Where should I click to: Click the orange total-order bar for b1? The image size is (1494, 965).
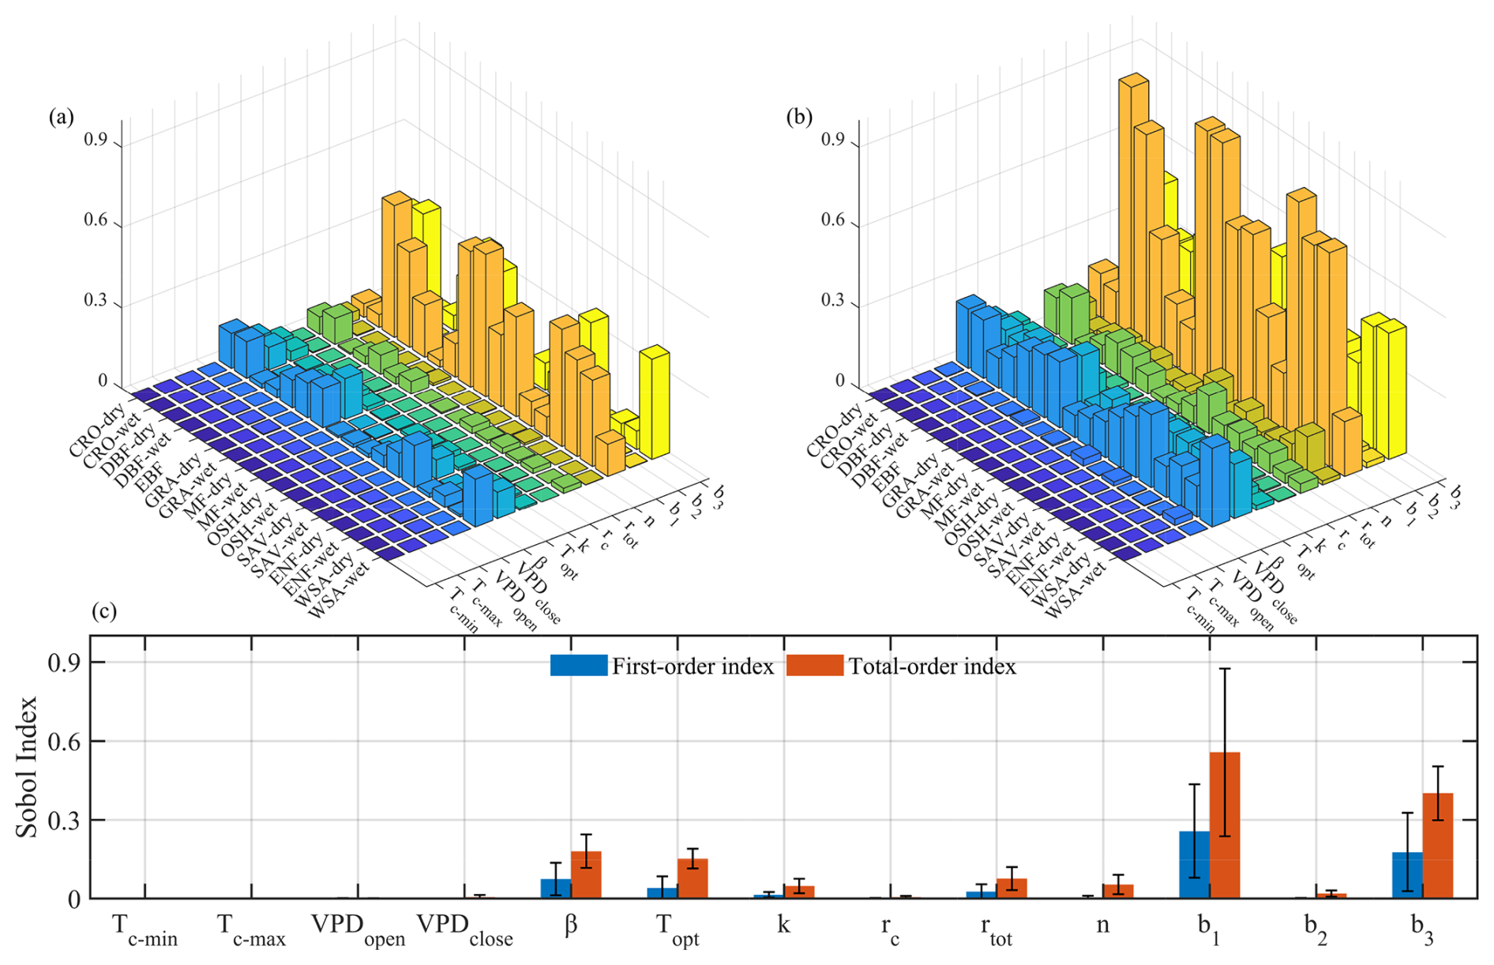pos(1224,825)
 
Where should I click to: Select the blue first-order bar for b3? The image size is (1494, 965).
pos(1407,875)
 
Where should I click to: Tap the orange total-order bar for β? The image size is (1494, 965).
pos(586,874)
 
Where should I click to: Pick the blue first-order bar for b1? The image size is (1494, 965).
pos(1193,865)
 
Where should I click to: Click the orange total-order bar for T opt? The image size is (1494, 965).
pos(693,878)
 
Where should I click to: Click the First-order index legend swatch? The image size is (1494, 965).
pos(578,665)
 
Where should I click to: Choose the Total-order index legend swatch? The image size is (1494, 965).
pos(814,665)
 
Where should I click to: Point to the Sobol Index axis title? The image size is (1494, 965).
pos(27,766)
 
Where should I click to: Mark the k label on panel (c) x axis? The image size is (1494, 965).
pos(783,924)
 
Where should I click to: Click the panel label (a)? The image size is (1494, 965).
pos(61,117)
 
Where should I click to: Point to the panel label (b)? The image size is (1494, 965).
pos(799,117)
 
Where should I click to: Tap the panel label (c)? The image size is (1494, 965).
pos(104,610)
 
